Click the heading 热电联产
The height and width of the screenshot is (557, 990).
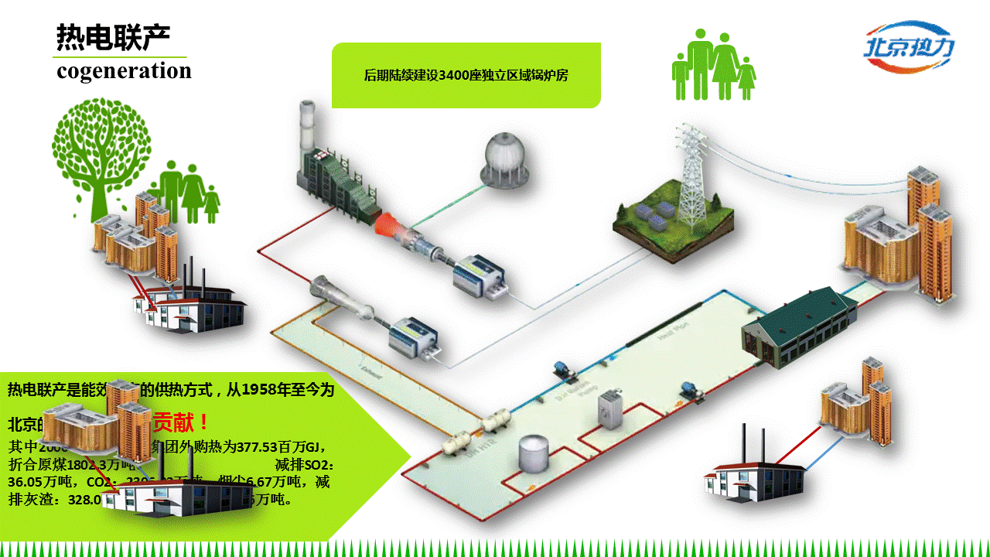coord(113,36)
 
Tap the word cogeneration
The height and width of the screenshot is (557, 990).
coord(124,71)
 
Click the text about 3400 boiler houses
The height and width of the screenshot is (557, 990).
coord(466,75)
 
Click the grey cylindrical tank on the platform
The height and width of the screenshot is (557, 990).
coord(534,453)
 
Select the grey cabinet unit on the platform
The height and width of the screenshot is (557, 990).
coord(610,407)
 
